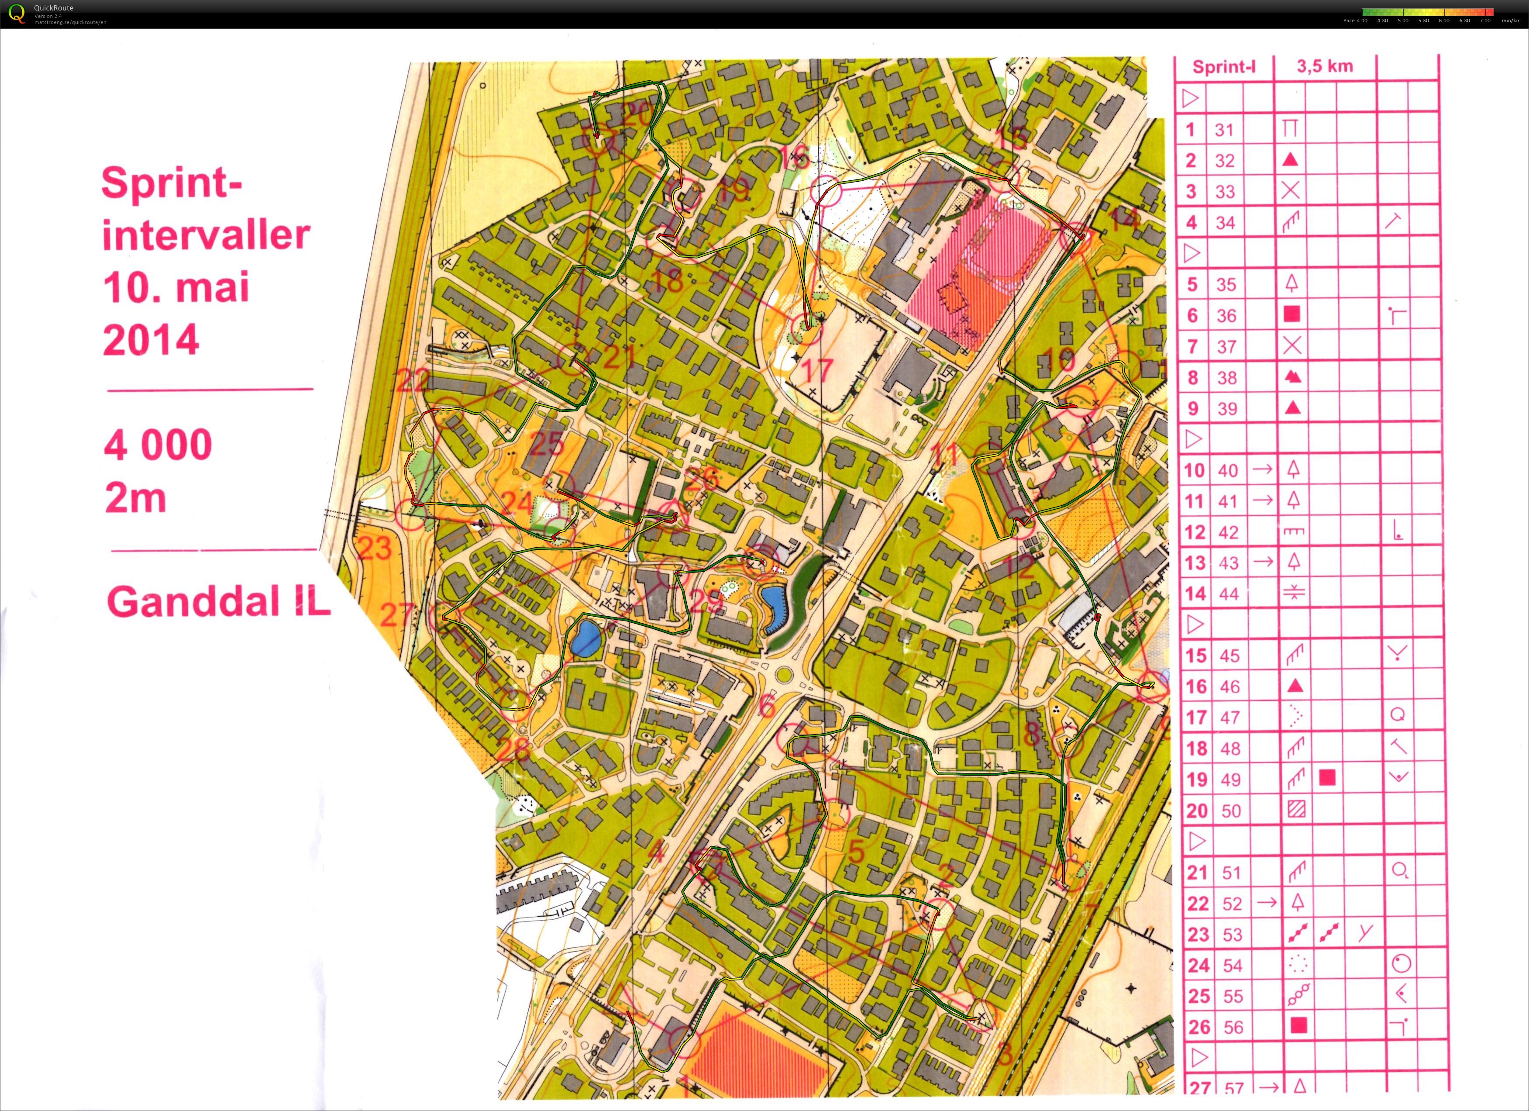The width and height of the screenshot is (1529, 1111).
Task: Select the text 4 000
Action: tap(158, 445)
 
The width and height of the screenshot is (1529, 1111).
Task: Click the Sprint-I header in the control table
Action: tap(1224, 67)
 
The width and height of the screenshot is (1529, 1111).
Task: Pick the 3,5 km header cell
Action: tap(1324, 66)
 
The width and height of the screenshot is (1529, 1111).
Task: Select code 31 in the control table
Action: tap(1224, 129)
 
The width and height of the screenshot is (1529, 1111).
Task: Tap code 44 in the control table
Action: tap(1228, 594)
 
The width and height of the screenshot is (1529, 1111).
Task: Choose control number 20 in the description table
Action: tap(1197, 811)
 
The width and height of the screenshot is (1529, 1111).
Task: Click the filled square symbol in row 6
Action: tap(1291, 314)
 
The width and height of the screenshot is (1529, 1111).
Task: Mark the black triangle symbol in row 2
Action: tap(1290, 160)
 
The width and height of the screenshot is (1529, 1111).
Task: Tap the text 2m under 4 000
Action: tap(135, 499)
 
